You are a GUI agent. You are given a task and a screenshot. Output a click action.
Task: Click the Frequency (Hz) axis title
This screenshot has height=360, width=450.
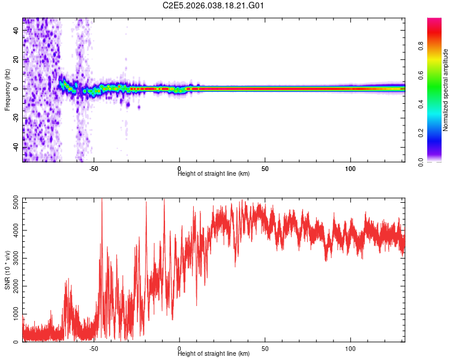[7, 89]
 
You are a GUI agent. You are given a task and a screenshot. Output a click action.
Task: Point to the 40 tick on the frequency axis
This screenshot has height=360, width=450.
[16, 32]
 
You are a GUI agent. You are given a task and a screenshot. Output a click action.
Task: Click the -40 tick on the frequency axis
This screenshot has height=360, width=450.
[15, 146]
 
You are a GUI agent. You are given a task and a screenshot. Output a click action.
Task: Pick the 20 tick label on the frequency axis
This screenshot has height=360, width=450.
[16, 60]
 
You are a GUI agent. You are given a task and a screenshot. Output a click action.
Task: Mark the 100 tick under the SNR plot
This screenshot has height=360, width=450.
[350, 349]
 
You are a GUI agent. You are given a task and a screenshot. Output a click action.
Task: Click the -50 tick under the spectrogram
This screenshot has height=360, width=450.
[94, 169]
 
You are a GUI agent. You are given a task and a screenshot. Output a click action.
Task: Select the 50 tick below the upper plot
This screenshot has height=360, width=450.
[265, 169]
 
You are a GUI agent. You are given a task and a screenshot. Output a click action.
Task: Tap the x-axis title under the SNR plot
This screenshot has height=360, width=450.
[214, 354]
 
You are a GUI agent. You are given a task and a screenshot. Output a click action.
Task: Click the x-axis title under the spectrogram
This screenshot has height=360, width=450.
[214, 174]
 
